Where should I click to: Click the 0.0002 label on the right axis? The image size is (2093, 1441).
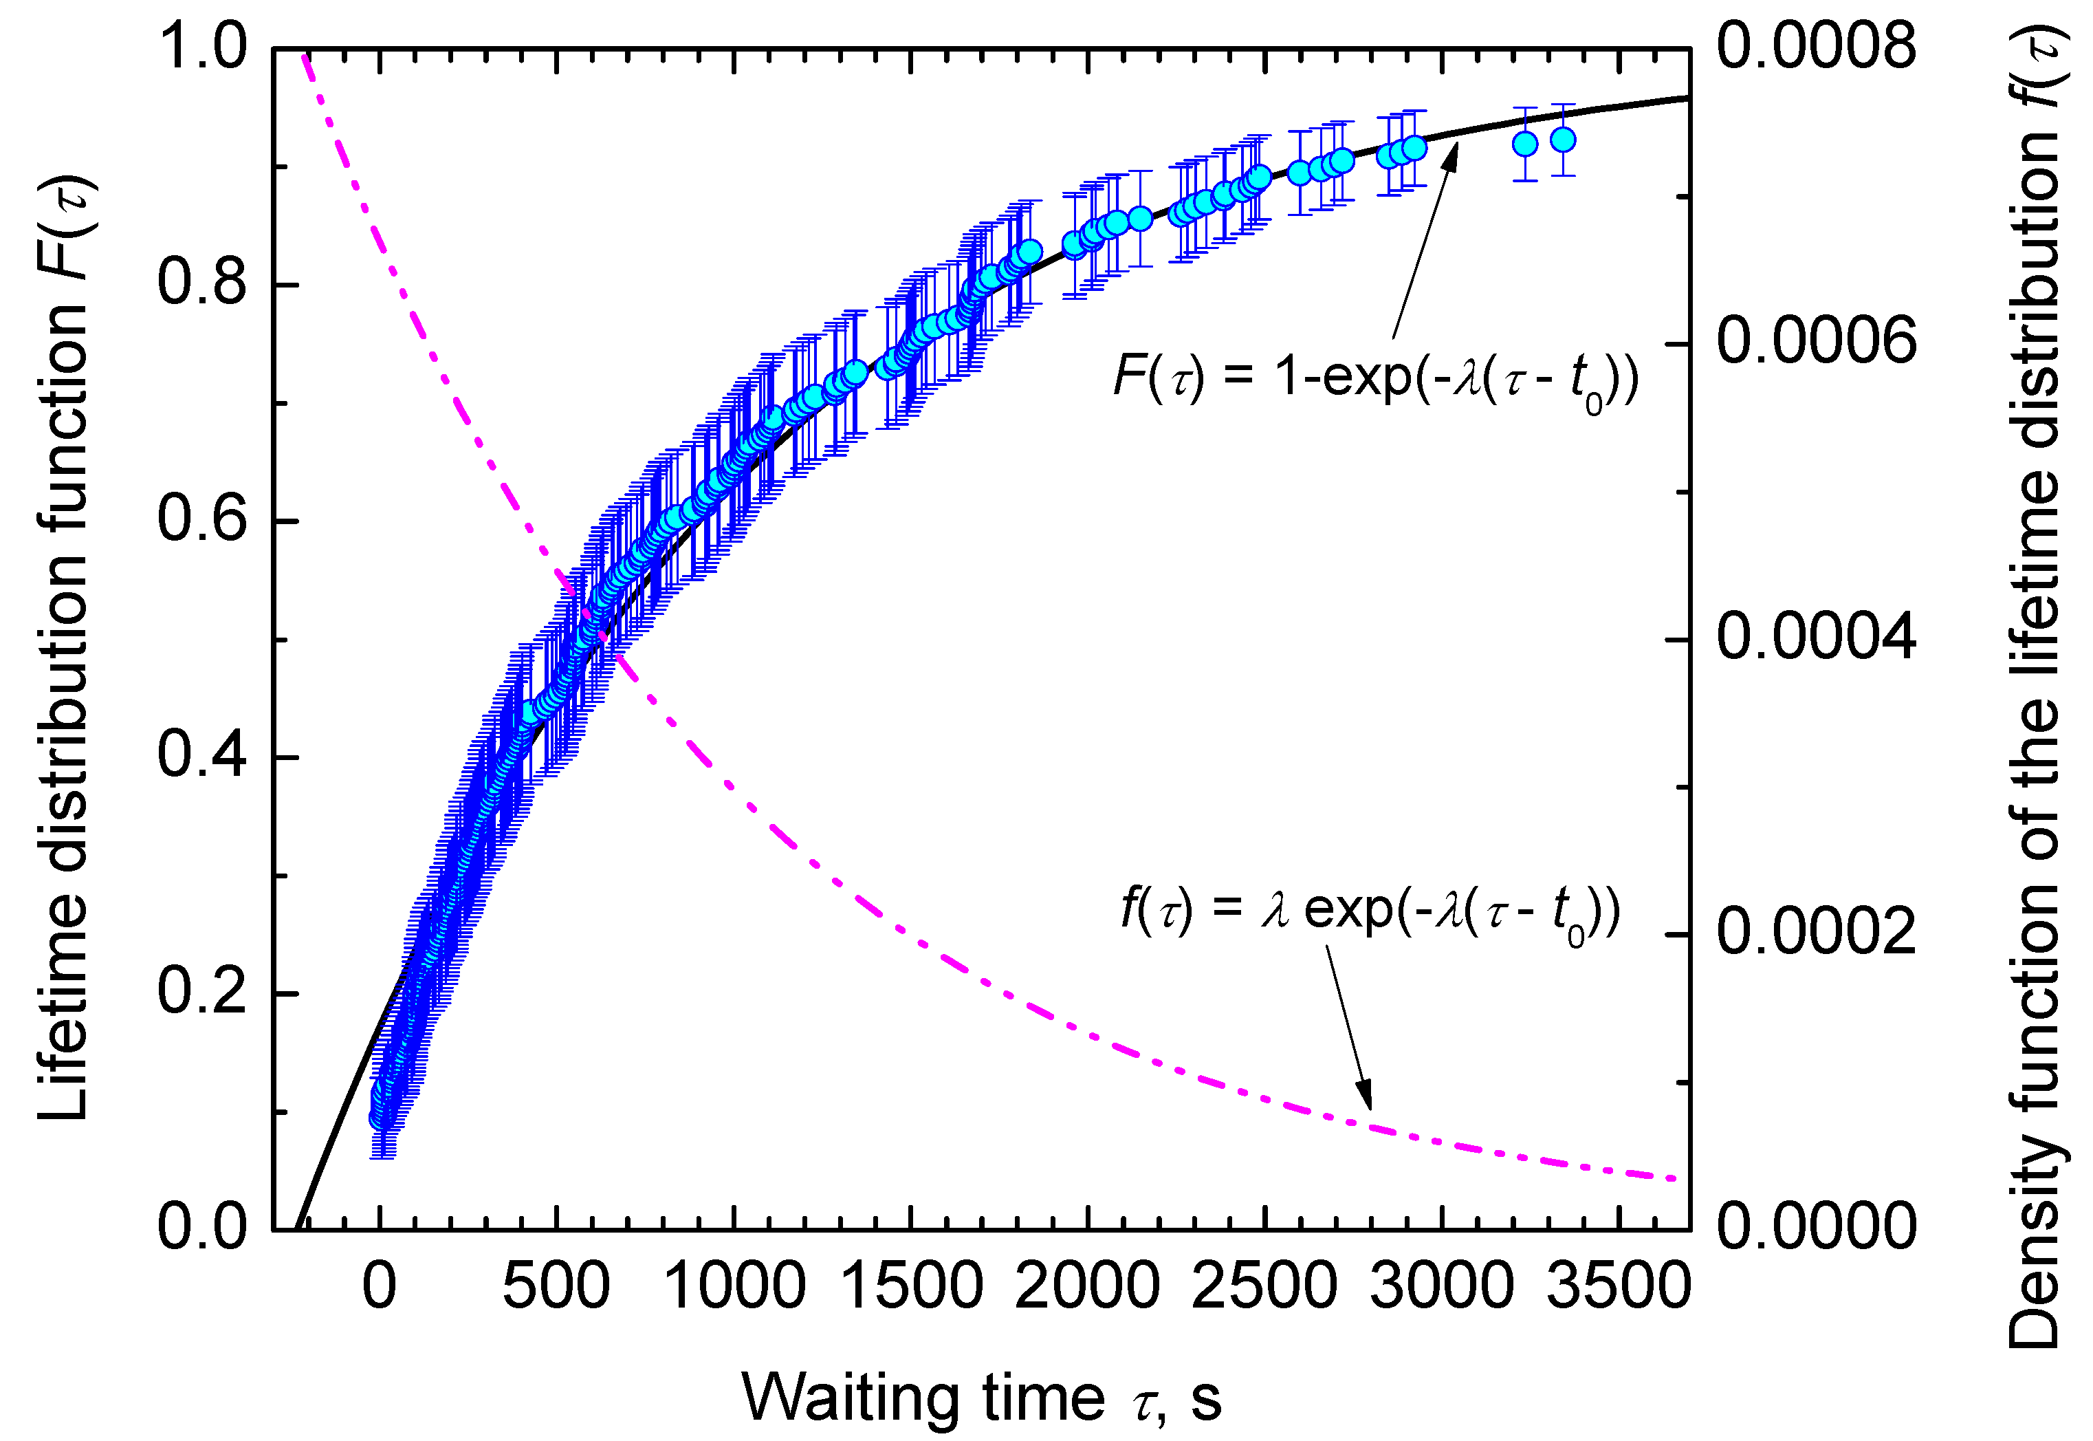pyautogui.click(x=1815, y=932)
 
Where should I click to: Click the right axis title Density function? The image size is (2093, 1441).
pyautogui.click(x=2035, y=686)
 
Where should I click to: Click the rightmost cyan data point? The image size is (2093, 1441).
pyautogui.click(x=1562, y=140)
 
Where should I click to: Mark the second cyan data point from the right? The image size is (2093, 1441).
pyautogui.click(x=1524, y=144)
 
